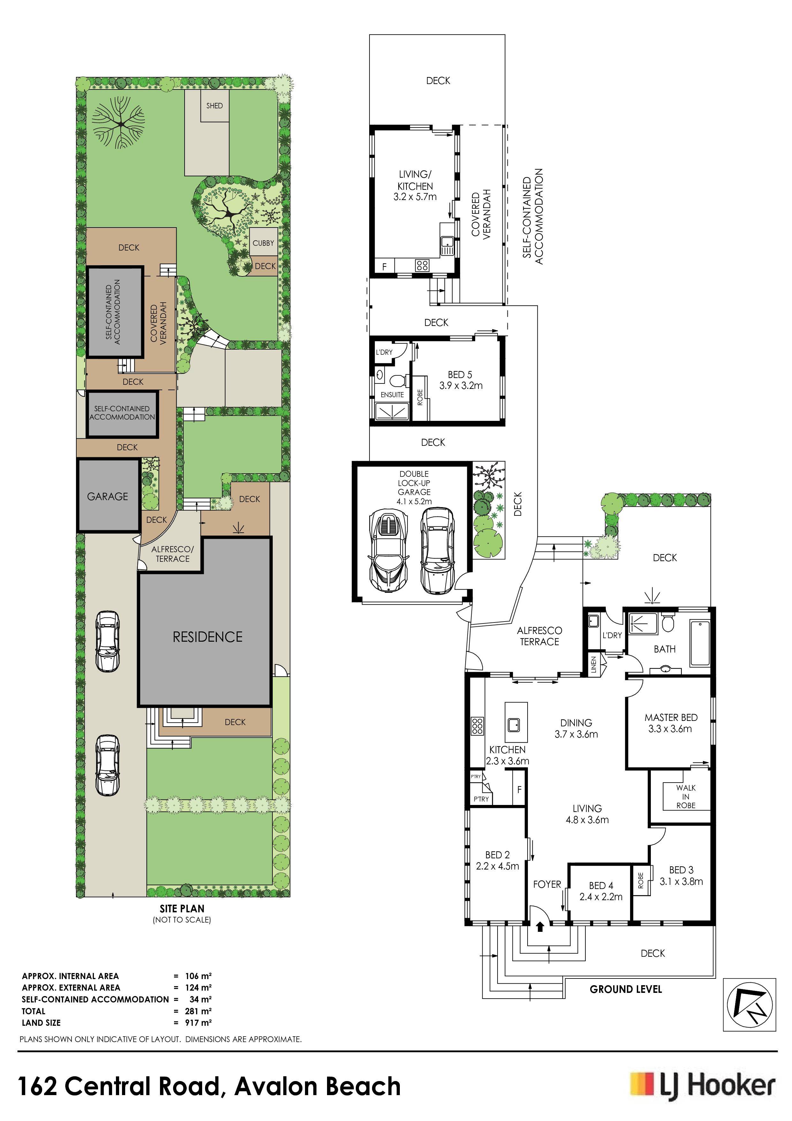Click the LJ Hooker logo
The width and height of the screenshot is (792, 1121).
702,1086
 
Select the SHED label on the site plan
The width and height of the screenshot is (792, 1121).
215,105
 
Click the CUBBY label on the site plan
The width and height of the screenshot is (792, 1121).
263,243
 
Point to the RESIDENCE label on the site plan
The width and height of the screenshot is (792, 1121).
207,637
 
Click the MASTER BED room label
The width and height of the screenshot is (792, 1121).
671,717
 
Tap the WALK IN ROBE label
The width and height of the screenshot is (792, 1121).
686,796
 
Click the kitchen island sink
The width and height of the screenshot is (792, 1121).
514,724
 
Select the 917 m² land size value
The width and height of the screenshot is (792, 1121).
198,1022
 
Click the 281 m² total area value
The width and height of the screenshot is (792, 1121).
198,1011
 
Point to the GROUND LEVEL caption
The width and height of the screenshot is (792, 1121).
626,989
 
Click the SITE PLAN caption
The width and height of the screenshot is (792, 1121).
182,908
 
